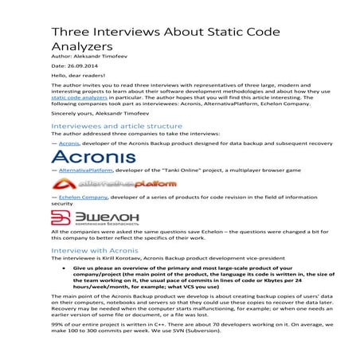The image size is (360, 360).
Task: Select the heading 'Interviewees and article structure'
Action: [x=116, y=126]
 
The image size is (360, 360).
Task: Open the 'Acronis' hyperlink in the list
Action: [x=69, y=143]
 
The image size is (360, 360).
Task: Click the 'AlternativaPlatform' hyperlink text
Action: [x=88, y=170]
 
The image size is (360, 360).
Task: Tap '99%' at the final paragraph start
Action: [x=58, y=344]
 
